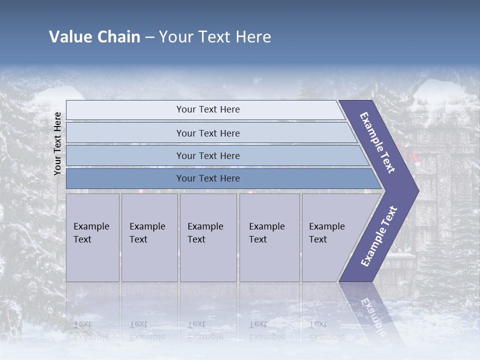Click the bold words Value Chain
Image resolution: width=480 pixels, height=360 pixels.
(x=94, y=37)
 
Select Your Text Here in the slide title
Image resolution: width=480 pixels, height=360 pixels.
(x=215, y=37)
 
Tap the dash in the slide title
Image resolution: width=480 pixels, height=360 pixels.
(x=149, y=37)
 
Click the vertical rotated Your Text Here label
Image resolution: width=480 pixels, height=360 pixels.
(x=57, y=144)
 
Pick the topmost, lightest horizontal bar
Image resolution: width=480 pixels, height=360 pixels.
(x=205, y=109)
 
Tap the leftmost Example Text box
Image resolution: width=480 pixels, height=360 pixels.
(x=92, y=237)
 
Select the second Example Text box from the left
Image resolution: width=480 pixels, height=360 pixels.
(x=149, y=237)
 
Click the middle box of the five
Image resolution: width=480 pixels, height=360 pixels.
(x=208, y=237)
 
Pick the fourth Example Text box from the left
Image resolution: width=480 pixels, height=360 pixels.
(x=269, y=237)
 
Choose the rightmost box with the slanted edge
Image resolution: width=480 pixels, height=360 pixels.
(x=332, y=237)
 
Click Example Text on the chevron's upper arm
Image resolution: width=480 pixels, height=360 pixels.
(x=377, y=142)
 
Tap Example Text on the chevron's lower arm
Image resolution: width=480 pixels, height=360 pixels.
(x=379, y=236)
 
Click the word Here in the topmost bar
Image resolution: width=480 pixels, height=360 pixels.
(x=229, y=109)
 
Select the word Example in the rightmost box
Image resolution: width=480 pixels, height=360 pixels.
(x=326, y=226)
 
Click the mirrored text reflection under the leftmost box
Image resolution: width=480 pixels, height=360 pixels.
(x=91, y=330)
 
